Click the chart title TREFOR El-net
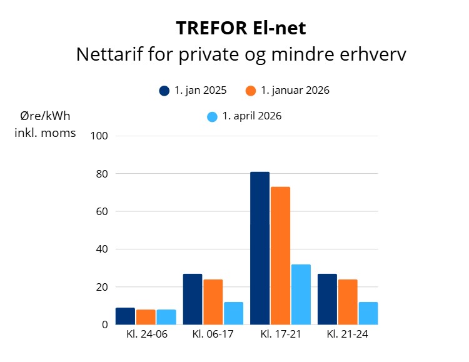tap(241, 28)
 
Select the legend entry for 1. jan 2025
tap(193, 91)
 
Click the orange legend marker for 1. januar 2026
tap(251, 91)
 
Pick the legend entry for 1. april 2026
tap(245, 116)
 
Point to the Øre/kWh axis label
tap(45, 116)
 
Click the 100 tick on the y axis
tap(99, 136)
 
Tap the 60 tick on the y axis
tap(102, 211)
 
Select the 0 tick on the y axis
tap(104, 324)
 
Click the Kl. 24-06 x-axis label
tap(147, 334)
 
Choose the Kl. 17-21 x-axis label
tap(281, 334)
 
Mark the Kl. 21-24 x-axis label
tap(347, 334)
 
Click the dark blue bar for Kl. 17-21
tap(260, 248)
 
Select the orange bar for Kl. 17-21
tap(281, 256)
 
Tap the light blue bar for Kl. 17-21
tap(301, 294)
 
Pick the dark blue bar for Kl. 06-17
tap(193, 299)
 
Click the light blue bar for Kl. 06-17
tap(234, 313)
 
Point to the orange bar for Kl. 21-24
tap(348, 302)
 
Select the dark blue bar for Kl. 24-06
tap(125, 316)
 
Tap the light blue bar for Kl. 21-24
tap(368, 313)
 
